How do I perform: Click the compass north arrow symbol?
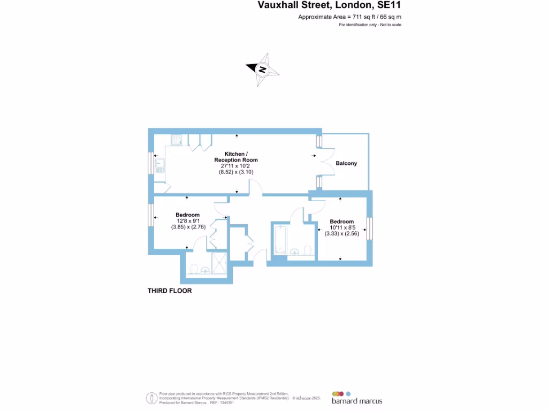click(x=263, y=69)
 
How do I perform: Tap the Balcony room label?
click(x=346, y=163)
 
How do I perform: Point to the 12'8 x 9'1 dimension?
click(x=187, y=221)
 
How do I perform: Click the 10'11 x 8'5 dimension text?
click(x=341, y=227)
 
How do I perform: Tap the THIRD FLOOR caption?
click(x=170, y=291)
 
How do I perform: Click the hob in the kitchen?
click(x=176, y=139)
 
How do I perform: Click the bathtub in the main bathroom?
click(x=279, y=241)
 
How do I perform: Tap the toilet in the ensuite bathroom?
click(x=194, y=269)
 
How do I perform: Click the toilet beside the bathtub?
click(x=307, y=251)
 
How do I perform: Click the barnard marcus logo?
click(x=357, y=397)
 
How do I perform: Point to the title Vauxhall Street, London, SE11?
click(x=330, y=5)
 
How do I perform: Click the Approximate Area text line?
click(x=349, y=17)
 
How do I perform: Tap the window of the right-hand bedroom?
click(x=370, y=229)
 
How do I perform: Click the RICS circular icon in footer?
click(x=151, y=398)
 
